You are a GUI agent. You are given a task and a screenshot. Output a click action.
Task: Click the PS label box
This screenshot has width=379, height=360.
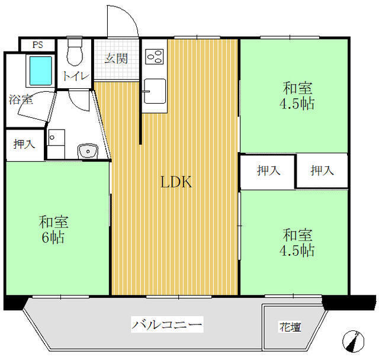tap(38, 45)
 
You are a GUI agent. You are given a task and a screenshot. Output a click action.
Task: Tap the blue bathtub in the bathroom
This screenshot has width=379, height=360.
tap(41, 71)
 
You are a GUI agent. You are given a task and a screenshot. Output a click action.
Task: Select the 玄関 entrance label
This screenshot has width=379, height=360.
tap(116, 59)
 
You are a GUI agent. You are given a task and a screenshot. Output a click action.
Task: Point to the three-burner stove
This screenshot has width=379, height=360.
tap(155, 56)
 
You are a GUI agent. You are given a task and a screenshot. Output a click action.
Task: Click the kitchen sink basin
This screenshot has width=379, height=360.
tap(155, 91)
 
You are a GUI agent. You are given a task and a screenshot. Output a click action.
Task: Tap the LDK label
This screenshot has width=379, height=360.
tap(176, 182)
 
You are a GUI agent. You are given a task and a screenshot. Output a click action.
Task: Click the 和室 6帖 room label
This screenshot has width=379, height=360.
tap(54, 229)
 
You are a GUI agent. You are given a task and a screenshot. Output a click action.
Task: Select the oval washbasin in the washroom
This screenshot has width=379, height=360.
tap(88, 151)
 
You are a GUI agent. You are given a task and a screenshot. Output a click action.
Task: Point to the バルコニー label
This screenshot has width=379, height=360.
tap(167, 324)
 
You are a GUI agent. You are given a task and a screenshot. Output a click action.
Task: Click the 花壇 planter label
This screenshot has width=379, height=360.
tap(290, 327)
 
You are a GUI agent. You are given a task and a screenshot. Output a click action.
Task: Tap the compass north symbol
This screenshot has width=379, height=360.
tap(353, 342)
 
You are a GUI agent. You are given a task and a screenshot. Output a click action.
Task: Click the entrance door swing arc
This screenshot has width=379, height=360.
tap(129, 14)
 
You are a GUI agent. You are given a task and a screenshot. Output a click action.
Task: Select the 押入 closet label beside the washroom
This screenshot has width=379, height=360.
tap(24, 144)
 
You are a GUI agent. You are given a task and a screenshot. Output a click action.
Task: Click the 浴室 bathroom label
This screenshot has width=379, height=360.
tap(21, 99)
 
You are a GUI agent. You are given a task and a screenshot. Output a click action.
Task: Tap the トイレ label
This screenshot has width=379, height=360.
tap(76, 76)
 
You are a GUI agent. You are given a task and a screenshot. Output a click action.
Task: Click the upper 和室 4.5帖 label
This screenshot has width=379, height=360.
tap(297, 95)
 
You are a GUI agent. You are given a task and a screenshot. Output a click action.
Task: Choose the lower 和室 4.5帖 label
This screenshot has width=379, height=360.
tap(297, 242)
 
